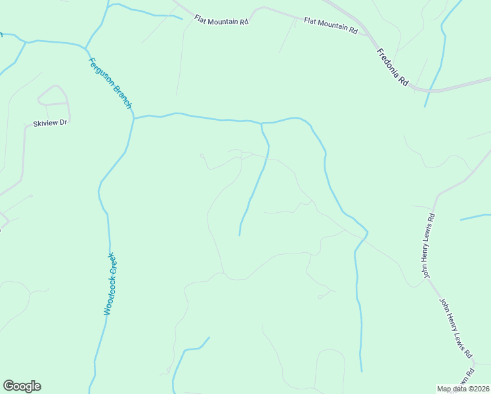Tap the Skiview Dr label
[51, 123]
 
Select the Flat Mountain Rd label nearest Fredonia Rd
[330, 26]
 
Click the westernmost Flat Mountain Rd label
[221, 21]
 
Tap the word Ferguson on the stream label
[100, 70]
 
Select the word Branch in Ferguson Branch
[123, 97]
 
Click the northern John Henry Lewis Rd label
[429, 245]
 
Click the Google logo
[22, 386]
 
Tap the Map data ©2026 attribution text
[463, 389]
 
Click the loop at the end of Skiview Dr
[54, 95]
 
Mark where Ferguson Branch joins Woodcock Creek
[133, 118]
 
